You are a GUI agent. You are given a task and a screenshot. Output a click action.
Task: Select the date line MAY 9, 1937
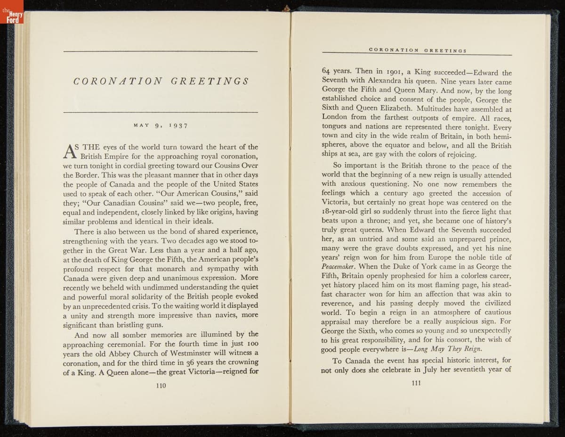[x=161, y=126]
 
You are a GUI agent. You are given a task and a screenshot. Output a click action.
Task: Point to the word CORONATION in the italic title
[x=118, y=82]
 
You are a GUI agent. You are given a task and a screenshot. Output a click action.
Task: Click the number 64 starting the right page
[x=327, y=73]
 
